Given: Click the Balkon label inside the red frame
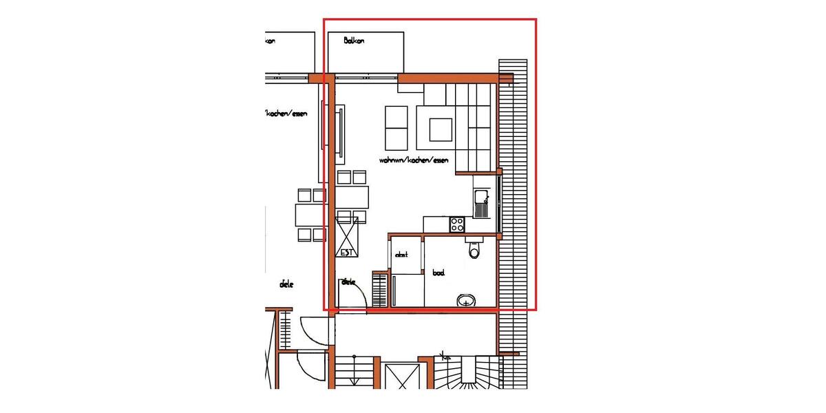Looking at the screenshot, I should click(354, 41).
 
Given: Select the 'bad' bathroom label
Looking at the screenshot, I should click(438, 273).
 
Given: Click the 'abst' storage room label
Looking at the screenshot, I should click(401, 255).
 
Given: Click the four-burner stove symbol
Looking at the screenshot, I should click(457, 224).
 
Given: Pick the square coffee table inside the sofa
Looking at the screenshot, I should click(441, 129).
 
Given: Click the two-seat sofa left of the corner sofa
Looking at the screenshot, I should click(396, 129).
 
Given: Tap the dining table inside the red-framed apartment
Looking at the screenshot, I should click(352, 197).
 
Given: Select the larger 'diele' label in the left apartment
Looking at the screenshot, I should click(286, 284).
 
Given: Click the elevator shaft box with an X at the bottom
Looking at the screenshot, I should click(402, 376).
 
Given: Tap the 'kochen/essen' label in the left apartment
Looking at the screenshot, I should click(286, 114).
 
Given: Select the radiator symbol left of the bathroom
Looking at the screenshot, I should click(381, 289).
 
